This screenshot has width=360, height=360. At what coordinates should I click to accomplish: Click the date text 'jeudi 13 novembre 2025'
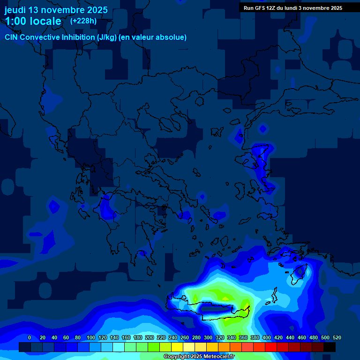[x=56, y=10]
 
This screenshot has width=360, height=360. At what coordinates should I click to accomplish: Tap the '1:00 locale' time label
[x=33, y=21]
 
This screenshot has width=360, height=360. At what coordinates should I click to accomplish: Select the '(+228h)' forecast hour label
[x=83, y=21]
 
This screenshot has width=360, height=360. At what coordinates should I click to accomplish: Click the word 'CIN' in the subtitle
[x=11, y=37]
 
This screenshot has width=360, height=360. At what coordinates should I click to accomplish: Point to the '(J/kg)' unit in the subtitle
[x=108, y=37]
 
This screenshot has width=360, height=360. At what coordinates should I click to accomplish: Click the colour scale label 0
[x=30, y=337]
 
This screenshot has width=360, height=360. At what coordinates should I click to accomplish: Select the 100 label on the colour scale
[x=91, y=337]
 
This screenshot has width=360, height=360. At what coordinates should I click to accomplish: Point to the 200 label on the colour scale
[x=150, y=337]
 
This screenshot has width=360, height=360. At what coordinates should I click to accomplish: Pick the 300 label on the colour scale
[x=208, y=337]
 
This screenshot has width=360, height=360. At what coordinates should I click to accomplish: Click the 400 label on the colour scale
[x=267, y=337]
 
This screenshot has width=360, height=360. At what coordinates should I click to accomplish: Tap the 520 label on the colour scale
[x=337, y=337]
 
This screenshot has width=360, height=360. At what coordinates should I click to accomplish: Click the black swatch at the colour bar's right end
[x=330, y=347]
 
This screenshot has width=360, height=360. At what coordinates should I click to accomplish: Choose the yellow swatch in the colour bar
[x=177, y=347]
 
